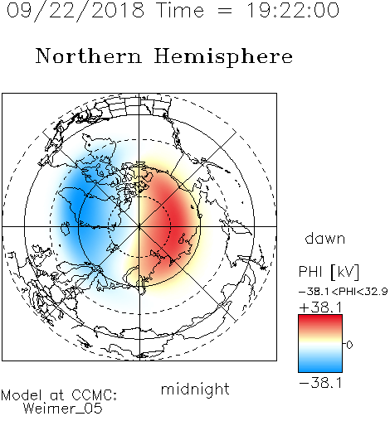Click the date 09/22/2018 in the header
click(76, 11)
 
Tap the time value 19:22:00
click(293, 10)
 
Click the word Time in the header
click(180, 10)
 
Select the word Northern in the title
click(89, 56)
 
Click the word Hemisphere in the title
click(223, 57)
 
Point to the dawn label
click(325, 238)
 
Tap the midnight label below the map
click(195, 389)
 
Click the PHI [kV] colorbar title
click(329, 272)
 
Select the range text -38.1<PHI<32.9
click(344, 292)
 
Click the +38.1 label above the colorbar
click(320, 307)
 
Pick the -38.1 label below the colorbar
click(320, 383)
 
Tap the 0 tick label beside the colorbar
click(349, 345)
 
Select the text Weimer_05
click(62, 409)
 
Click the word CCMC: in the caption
click(95, 395)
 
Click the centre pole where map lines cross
click(139, 227)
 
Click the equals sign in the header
click(225, 11)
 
